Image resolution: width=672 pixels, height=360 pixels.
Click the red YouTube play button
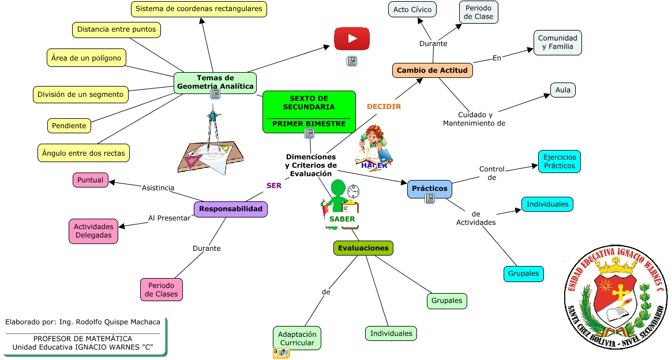click(x=352, y=39)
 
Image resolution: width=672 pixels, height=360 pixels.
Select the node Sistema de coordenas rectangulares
click(x=199, y=9)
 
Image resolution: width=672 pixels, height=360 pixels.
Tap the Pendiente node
click(x=69, y=126)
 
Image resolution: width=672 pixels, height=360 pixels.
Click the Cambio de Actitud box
click(x=433, y=70)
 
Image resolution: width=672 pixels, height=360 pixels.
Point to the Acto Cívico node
click(x=412, y=10)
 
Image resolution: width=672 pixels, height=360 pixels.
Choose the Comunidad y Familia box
click(x=557, y=43)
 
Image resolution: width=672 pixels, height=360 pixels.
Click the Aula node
click(x=562, y=90)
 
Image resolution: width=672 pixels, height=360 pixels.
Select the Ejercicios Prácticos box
click(x=560, y=162)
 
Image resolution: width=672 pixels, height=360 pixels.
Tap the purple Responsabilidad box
click(x=231, y=209)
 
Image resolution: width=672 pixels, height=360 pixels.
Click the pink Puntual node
click(x=91, y=180)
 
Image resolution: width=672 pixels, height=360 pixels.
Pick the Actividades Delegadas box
click(x=93, y=231)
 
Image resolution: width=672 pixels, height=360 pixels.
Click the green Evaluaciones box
click(x=363, y=248)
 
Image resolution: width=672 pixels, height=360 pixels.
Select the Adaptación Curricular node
click(x=297, y=339)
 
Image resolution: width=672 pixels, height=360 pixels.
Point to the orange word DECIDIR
click(x=384, y=107)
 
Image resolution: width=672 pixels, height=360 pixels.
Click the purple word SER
click(x=274, y=186)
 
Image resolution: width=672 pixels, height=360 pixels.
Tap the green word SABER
click(x=343, y=219)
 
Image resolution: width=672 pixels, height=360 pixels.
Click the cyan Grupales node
click(x=524, y=273)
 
